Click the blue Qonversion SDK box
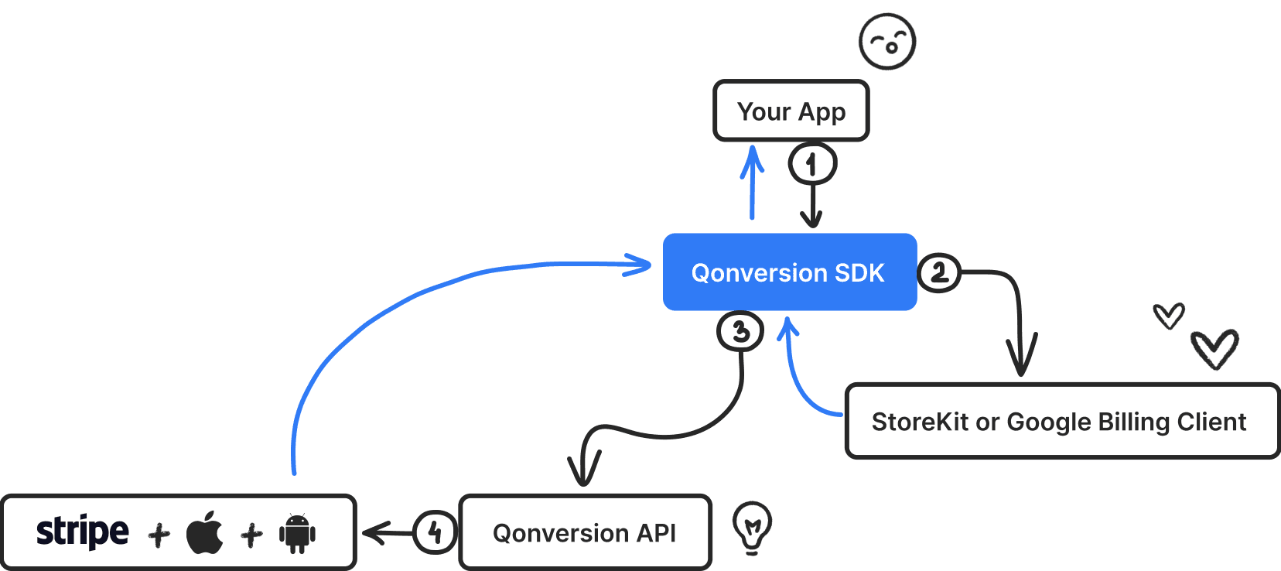(x=789, y=272)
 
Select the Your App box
(x=791, y=111)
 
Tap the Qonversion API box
(x=585, y=533)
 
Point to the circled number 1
(x=811, y=164)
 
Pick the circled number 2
(x=939, y=272)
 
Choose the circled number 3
(x=740, y=331)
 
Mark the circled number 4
(x=434, y=532)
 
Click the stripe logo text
(x=82, y=532)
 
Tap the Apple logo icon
(x=205, y=533)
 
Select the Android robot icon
(x=297, y=533)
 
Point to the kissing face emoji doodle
(x=887, y=41)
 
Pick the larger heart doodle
(x=1214, y=349)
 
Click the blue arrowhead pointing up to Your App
(x=751, y=159)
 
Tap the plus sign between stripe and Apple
(x=159, y=535)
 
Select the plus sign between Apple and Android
(x=251, y=535)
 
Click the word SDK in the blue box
(x=859, y=272)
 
